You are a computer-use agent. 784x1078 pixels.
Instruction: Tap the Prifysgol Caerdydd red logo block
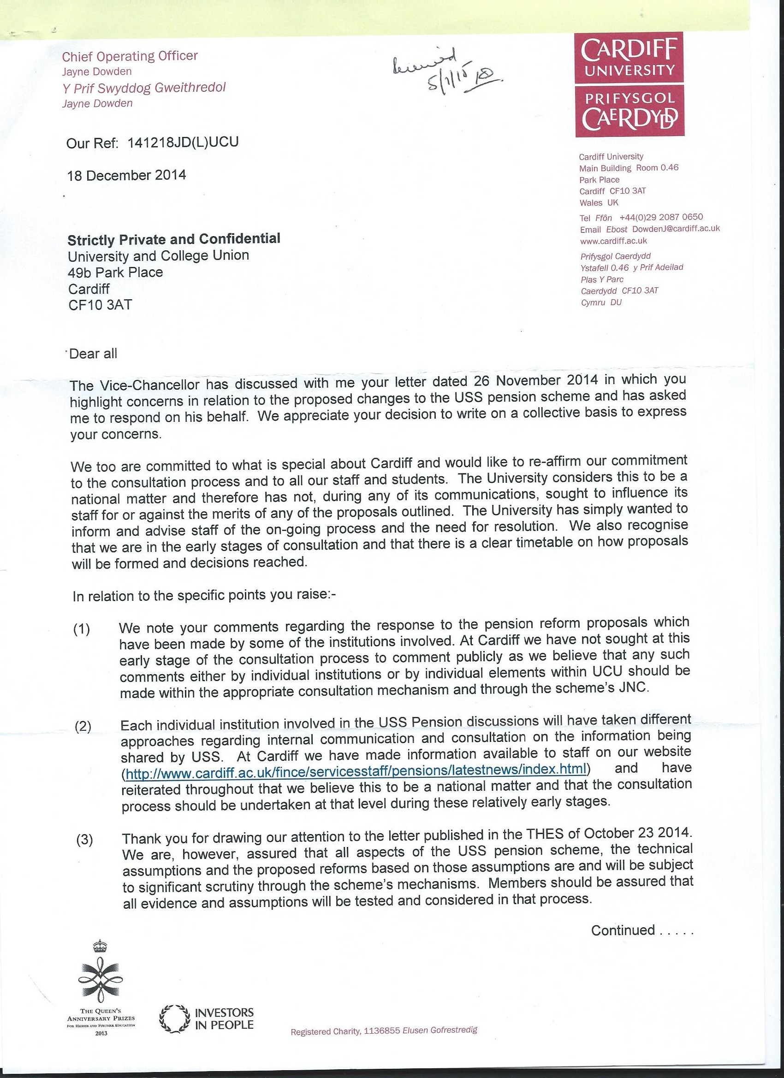[629, 110]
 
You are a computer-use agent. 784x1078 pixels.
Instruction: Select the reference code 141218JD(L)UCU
[183, 142]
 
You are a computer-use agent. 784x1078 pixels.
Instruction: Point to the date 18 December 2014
[126, 175]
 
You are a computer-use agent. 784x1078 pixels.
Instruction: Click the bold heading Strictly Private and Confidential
[174, 238]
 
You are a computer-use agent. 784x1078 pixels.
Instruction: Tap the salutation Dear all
[93, 354]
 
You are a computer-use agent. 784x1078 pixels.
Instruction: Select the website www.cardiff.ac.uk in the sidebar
[613, 241]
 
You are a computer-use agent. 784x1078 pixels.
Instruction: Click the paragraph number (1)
[82, 629]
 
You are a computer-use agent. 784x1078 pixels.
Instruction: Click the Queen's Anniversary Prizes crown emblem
[101, 975]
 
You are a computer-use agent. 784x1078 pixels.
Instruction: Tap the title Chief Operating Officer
[130, 57]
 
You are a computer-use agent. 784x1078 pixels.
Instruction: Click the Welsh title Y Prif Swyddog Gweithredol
[144, 88]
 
